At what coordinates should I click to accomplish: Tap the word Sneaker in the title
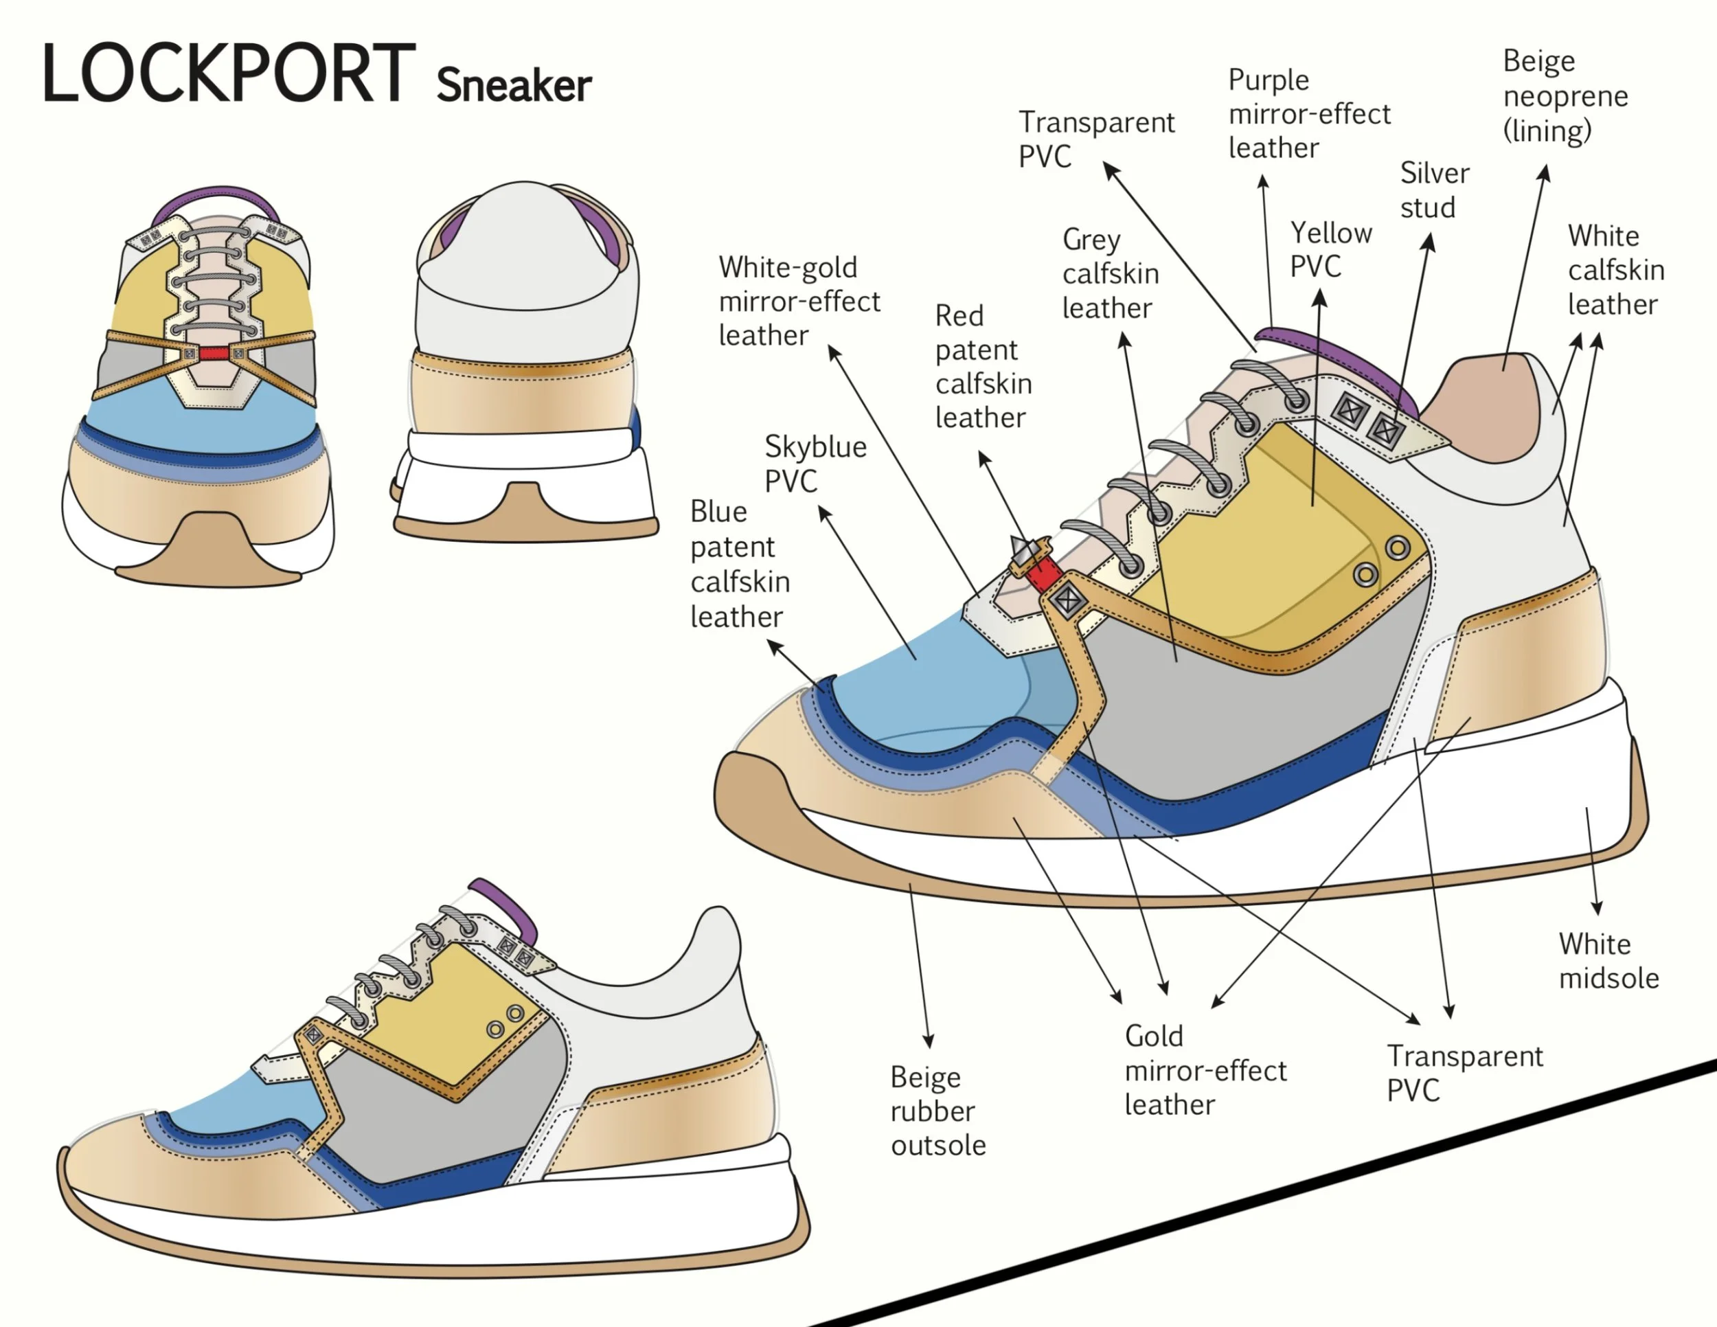513,85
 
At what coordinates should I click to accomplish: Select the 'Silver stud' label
1434,190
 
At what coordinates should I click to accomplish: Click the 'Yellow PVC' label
1330,250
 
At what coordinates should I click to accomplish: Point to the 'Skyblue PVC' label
815,464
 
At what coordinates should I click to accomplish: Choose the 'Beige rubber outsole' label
937,1110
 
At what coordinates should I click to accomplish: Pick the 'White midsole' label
1608,961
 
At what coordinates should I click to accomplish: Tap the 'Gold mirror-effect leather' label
1205,1070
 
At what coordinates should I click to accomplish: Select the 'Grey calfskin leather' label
1109,273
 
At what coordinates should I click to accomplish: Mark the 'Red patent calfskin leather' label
983,366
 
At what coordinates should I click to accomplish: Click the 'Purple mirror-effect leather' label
1308,114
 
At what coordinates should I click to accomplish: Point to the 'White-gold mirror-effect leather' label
799,301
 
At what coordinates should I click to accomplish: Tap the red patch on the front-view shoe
213,354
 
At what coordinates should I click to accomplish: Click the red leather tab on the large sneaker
1044,575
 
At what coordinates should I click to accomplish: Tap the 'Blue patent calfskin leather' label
739,564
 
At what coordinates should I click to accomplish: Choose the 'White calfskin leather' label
1615,270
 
